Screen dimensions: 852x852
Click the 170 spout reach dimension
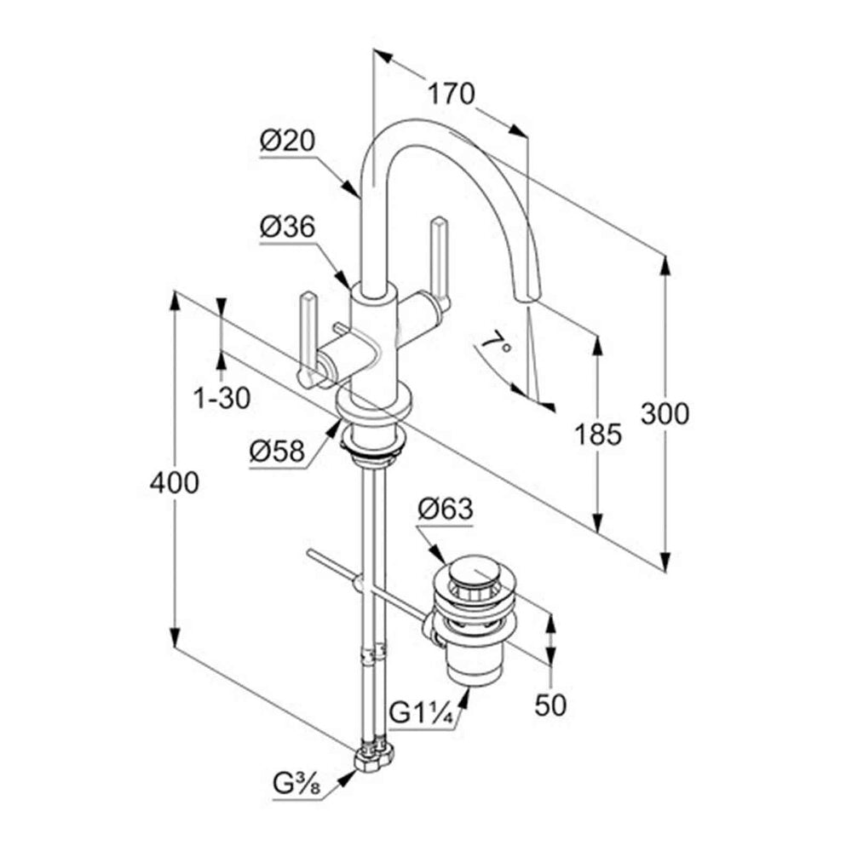451,93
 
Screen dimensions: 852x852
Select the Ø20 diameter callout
287,141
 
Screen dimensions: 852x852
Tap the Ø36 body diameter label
287,227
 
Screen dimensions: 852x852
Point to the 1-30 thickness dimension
222,398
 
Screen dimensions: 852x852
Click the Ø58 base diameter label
277,451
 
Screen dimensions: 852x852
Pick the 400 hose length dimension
175,482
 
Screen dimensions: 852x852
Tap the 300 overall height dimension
665,413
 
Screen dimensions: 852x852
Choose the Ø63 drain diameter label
446,509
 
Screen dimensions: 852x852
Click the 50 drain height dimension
550,705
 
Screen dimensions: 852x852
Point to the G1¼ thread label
422,713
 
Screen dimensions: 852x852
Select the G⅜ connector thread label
296,785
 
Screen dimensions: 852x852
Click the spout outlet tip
527,298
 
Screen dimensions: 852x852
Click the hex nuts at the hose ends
374,757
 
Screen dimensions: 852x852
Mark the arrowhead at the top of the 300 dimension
665,268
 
